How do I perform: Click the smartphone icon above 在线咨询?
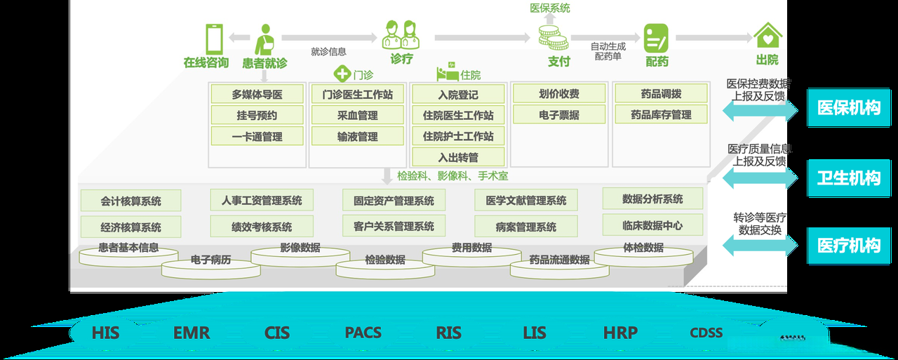tap(213, 38)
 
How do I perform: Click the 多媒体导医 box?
tap(257, 94)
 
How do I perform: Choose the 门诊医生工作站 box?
tap(357, 94)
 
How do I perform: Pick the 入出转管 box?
tap(457, 157)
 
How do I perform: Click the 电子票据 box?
tap(558, 115)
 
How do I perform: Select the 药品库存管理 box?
tap(660, 115)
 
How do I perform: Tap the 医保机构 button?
tap(848, 108)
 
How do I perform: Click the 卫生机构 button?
tap(848, 178)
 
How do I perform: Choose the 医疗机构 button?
tap(848, 246)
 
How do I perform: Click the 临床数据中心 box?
tap(652, 225)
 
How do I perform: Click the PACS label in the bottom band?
tap(363, 333)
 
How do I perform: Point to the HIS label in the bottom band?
tap(105, 333)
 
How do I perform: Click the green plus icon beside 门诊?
tap(342, 74)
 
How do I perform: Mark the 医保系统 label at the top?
tap(550, 8)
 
